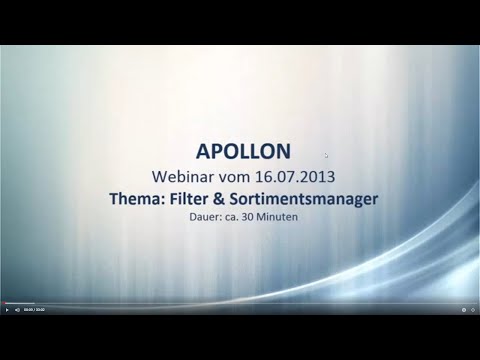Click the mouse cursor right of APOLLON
(326, 155)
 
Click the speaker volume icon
(17, 310)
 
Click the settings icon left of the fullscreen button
(462, 310)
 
